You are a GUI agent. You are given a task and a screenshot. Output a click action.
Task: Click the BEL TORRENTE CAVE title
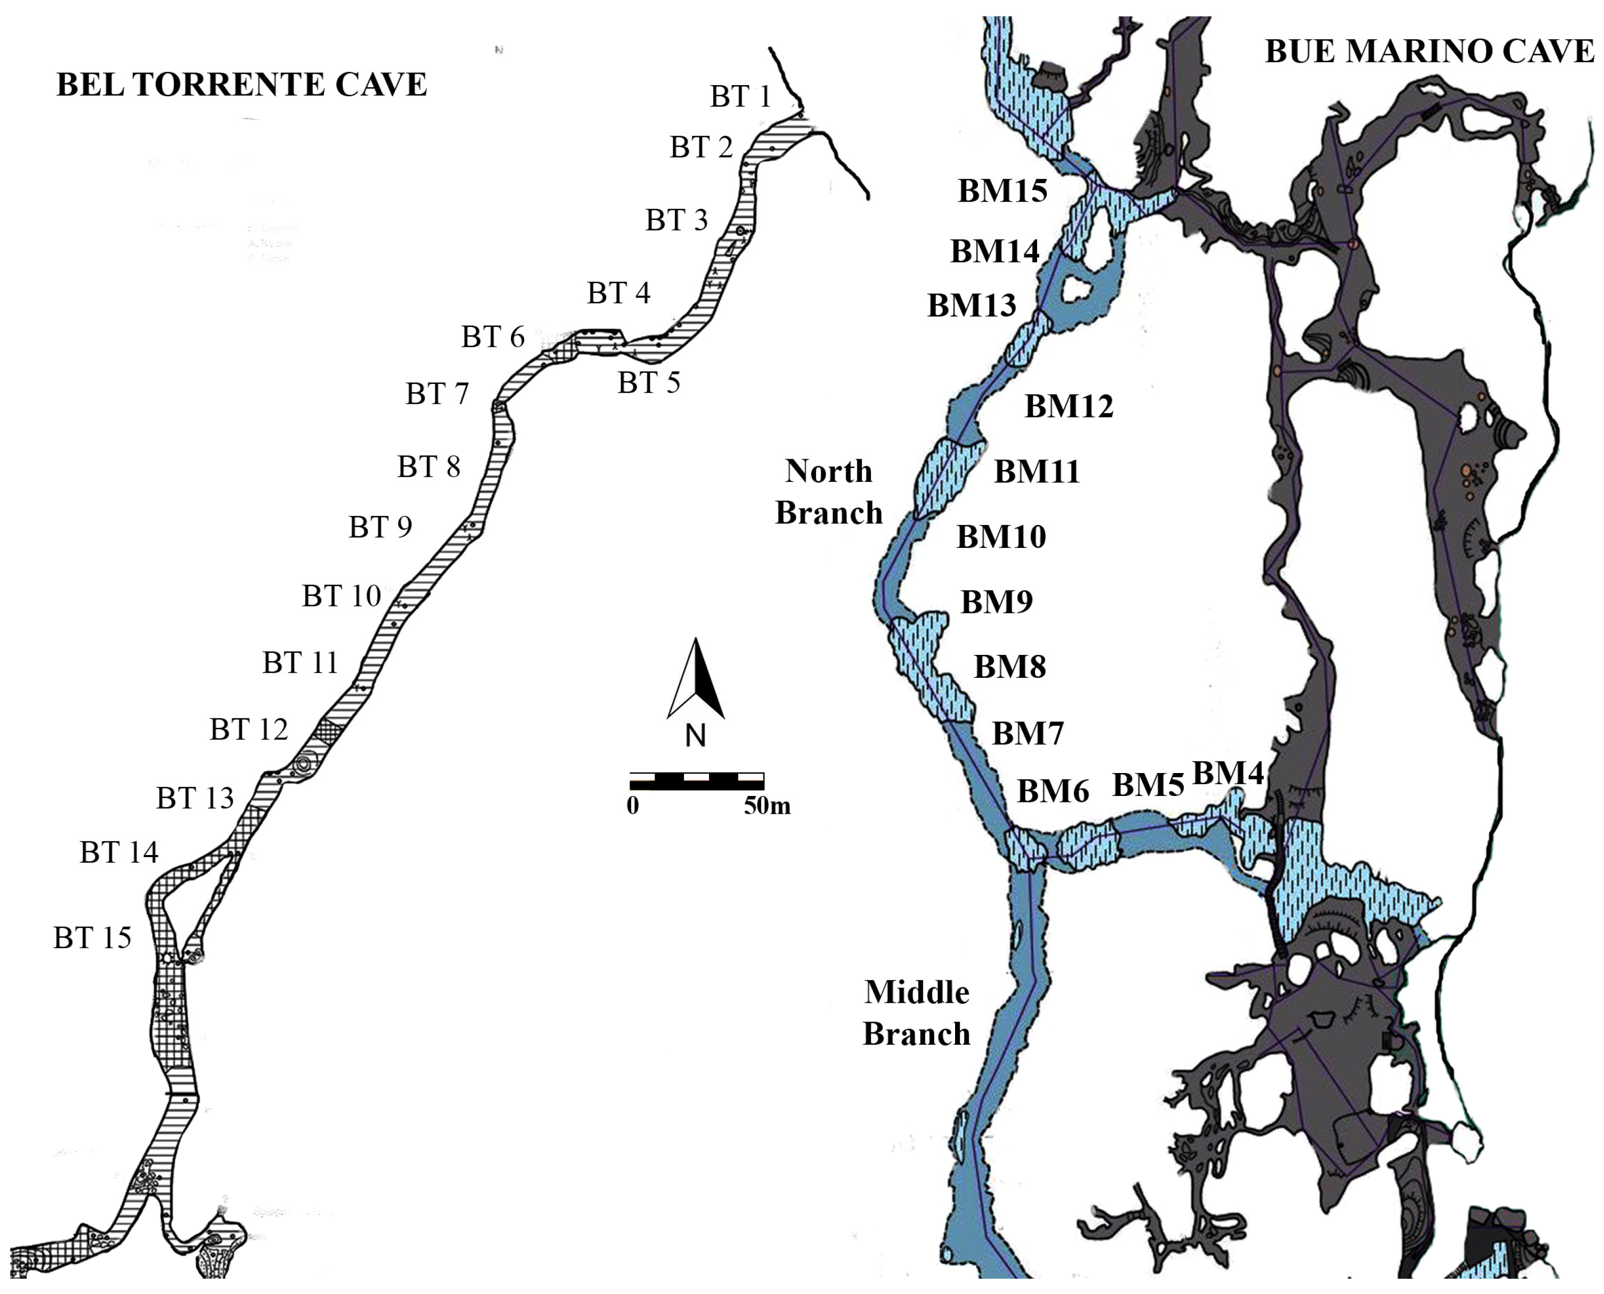(241, 85)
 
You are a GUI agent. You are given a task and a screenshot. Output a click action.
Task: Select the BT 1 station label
(740, 97)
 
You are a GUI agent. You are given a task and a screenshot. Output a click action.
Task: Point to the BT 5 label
(648, 383)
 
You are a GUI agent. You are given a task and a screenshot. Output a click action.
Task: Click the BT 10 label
(341, 596)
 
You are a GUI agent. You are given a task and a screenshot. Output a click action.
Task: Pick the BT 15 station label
(92, 938)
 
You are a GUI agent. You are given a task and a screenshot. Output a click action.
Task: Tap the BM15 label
(1002, 191)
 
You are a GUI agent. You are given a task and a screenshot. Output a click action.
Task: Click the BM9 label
(996, 601)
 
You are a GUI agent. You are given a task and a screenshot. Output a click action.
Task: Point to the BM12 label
(1069, 406)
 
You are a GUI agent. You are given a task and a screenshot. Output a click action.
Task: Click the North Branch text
(828, 492)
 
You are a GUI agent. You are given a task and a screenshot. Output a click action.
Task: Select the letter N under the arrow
(695, 736)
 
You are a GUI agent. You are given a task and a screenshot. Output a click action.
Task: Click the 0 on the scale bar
(633, 806)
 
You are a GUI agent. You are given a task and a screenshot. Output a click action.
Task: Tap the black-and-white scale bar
(696, 781)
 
